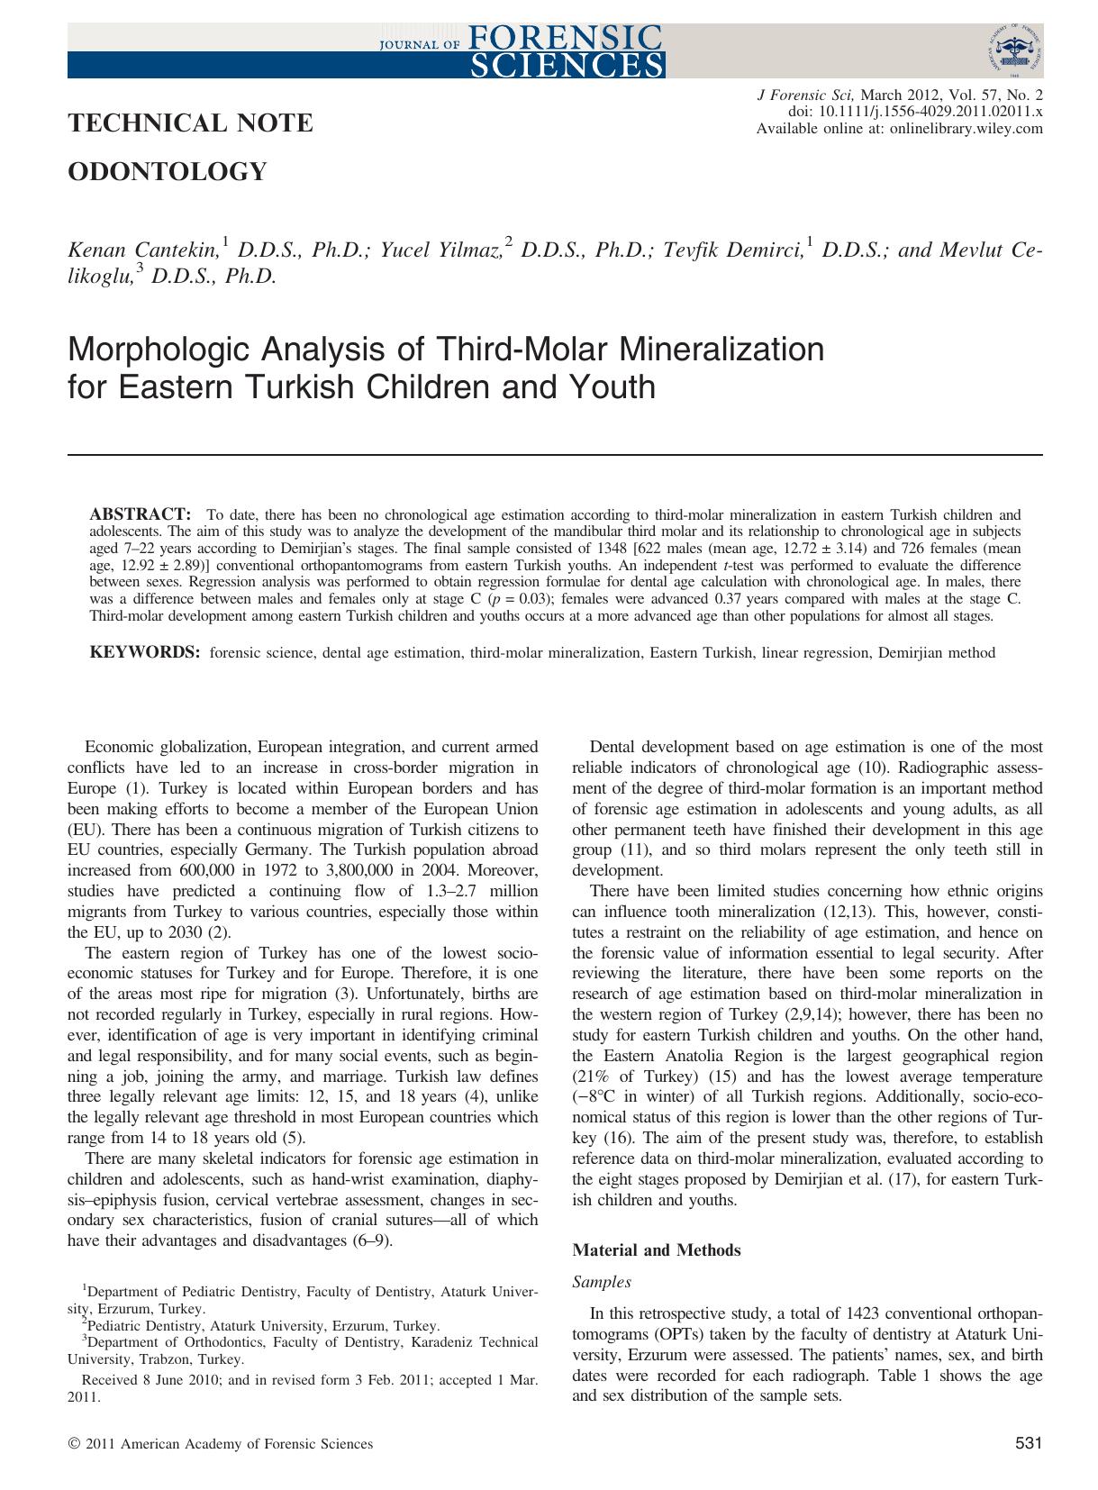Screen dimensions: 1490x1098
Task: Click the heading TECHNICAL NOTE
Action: pos(190,123)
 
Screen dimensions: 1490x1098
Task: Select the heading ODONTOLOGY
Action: pos(168,171)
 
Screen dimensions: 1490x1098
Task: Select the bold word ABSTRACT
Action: pos(140,514)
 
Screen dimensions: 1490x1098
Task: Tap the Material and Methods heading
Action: pos(657,1249)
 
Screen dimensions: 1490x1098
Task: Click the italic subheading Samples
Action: pos(602,1281)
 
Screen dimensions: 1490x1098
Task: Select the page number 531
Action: pos(1028,1444)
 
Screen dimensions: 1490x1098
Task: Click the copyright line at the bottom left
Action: pos(221,1444)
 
